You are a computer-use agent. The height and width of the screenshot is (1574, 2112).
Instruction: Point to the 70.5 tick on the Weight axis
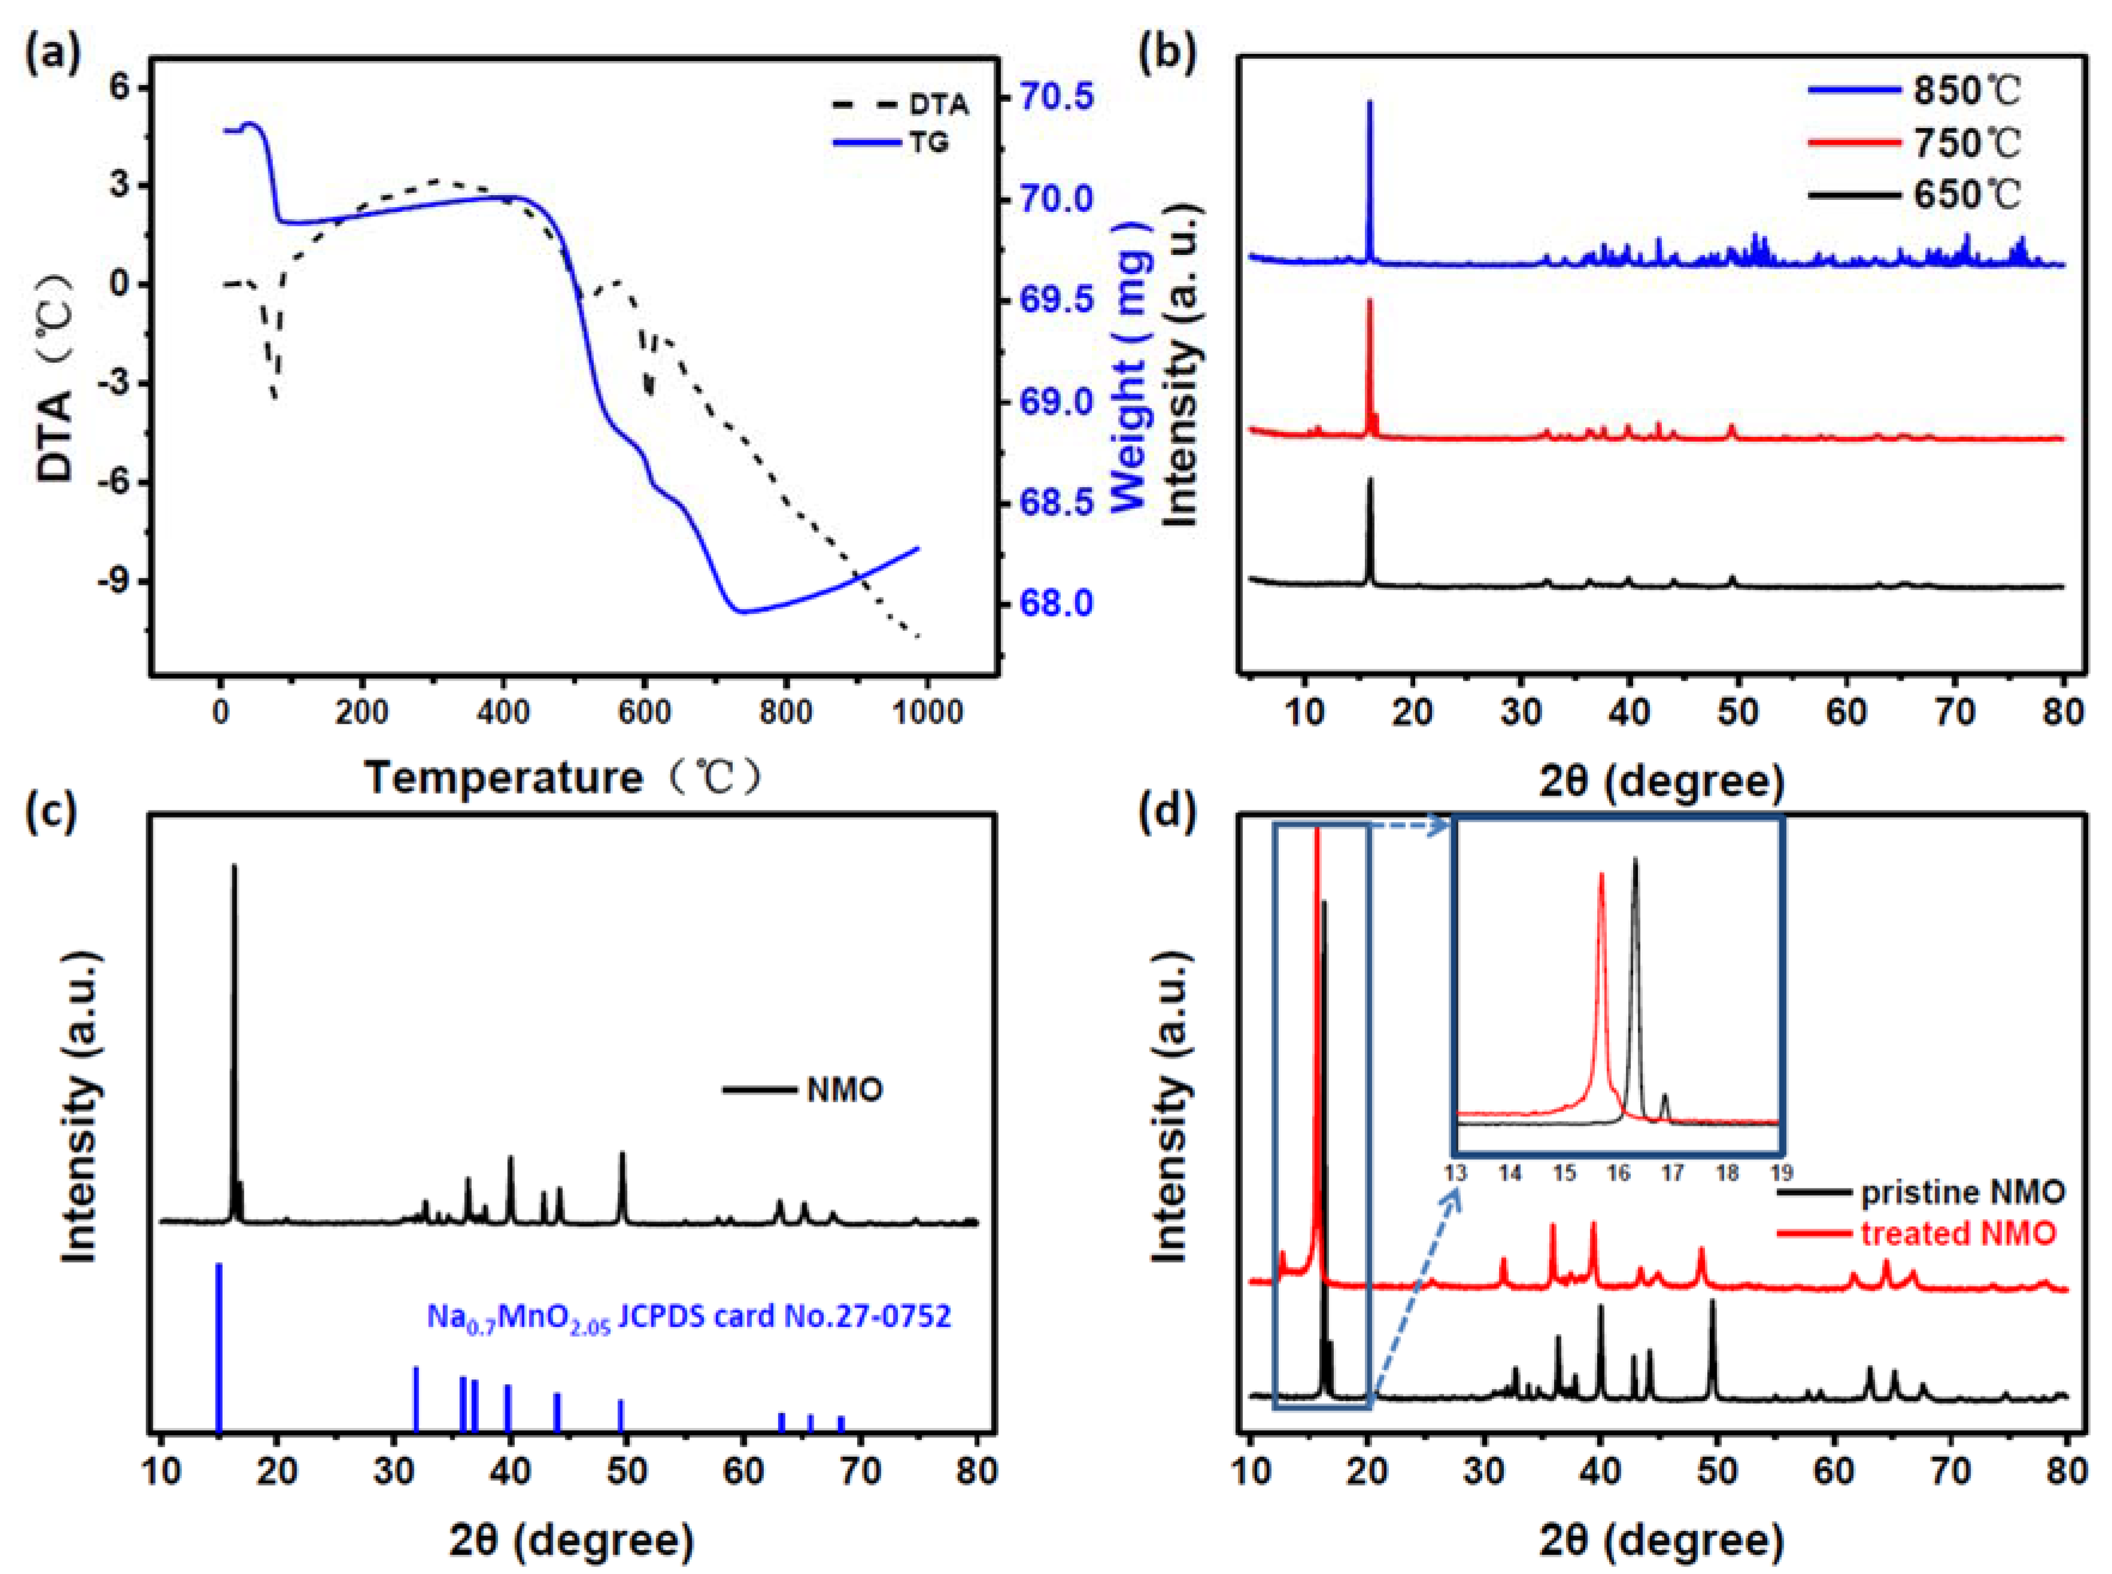click(x=1057, y=97)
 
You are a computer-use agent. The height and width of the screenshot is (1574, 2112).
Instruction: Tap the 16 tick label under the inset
click(x=1618, y=1173)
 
